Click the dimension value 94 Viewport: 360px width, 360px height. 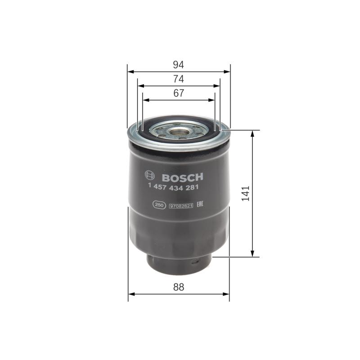(179, 65)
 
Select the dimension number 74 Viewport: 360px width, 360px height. (179, 79)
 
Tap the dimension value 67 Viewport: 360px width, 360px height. (179, 93)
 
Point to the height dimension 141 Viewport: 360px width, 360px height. (245, 193)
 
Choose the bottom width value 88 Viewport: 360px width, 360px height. (179, 287)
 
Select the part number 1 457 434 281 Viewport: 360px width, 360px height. (174, 187)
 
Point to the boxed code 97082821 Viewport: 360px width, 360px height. (181, 206)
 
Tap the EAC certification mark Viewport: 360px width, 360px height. (201, 205)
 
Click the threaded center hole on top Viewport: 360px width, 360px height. (179, 132)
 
